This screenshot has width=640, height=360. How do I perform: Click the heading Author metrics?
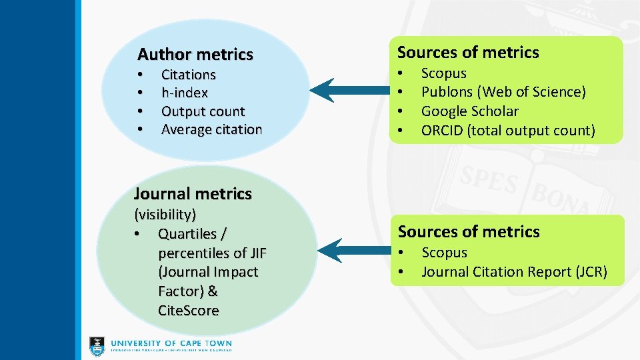pos(195,54)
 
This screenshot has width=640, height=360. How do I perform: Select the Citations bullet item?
pos(188,75)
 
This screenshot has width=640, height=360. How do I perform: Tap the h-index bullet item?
pos(184,93)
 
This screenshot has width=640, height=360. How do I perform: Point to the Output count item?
pos(203,111)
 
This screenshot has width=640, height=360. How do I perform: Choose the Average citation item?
pos(211,129)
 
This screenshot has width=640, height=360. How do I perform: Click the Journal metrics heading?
pos(193,194)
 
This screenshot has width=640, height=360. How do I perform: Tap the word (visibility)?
pos(165,215)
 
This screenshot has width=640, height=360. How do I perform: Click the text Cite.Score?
pos(188,311)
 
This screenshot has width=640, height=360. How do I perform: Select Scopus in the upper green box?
pos(443,73)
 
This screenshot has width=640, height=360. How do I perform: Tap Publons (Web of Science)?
pos(503,92)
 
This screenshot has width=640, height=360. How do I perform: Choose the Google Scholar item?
pos(469,111)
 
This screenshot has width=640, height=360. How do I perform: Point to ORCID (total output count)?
pos(507,131)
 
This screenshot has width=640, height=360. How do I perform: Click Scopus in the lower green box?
pos(444,253)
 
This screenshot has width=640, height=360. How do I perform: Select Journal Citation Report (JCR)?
pos(514,272)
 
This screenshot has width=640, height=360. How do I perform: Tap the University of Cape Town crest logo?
pos(97,345)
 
